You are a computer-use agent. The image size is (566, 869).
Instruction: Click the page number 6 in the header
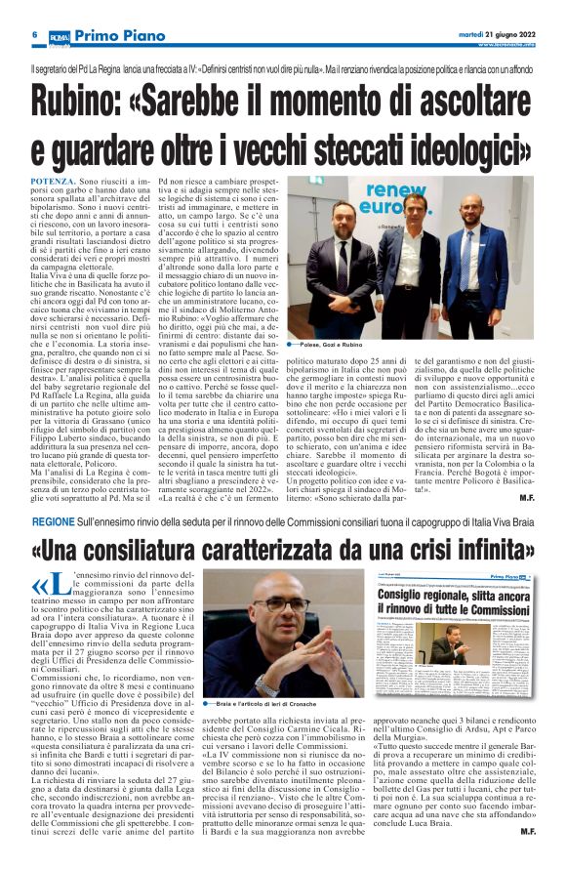(x=34, y=35)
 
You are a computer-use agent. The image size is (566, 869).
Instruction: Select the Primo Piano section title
(x=113, y=36)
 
